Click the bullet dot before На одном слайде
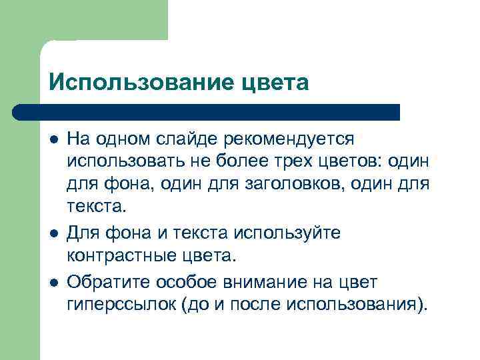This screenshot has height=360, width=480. click(x=53, y=139)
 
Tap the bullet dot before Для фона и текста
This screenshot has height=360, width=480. click(x=53, y=233)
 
